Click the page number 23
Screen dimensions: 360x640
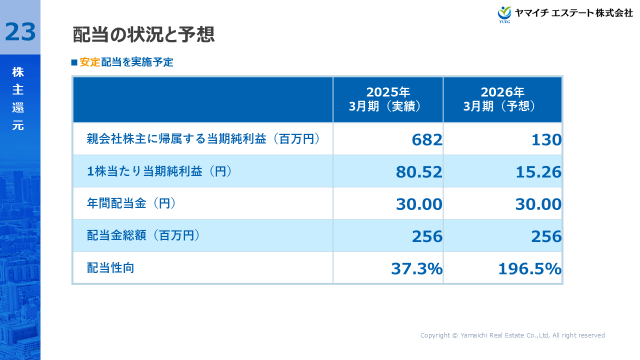20,32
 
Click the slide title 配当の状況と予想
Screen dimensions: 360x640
143,35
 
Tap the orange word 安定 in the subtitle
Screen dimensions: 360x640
90,62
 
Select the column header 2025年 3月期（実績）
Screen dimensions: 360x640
388,99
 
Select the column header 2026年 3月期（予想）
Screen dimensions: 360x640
502,99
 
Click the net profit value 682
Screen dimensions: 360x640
427,140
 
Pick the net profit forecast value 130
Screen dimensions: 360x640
546,140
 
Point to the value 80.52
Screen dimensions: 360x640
419,172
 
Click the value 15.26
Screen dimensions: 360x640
538,172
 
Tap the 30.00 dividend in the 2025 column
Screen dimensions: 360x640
419,204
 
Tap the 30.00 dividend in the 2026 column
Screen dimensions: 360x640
538,204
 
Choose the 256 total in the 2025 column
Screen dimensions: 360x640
427,236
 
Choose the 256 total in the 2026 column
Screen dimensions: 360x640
546,236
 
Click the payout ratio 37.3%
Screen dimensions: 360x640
416,269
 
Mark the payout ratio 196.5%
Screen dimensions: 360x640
529,269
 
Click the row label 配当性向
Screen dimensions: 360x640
110,268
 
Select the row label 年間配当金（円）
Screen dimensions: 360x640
131,203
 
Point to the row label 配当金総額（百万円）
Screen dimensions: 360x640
143,235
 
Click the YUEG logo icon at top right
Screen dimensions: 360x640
504,14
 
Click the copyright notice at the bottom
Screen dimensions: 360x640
512,335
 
